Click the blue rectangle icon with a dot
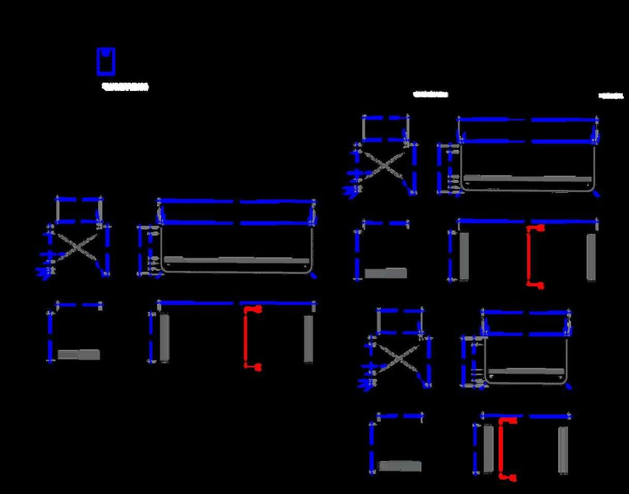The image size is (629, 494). [105, 61]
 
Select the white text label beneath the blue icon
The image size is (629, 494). [125, 87]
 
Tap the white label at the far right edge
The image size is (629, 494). [611, 96]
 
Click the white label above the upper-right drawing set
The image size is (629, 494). [431, 95]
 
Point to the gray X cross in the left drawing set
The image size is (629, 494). [78, 247]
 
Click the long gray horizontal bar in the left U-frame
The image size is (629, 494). [236, 260]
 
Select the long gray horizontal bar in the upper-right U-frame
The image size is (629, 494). [527, 178]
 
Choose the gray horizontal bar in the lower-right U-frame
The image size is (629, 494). [526, 371]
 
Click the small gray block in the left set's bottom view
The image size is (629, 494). [79, 354]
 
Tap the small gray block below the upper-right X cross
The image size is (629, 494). [386, 273]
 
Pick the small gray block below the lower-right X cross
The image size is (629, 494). [400, 466]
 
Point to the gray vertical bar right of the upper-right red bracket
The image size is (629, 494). [592, 257]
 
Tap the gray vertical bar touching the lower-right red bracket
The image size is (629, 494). [488, 449]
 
